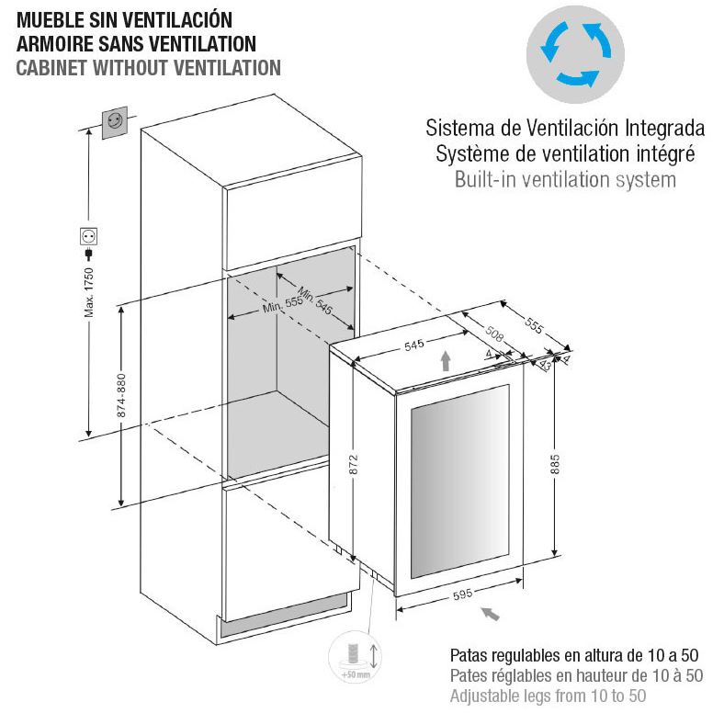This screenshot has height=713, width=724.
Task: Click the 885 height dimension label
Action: pyautogui.click(x=555, y=464)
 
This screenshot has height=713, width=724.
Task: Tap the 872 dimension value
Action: pyautogui.click(x=354, y=464)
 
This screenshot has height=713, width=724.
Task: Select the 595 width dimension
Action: pyautogui.click(x=462, y=594)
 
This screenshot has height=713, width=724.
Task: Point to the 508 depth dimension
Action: pyautogui.click(x=494, y=334)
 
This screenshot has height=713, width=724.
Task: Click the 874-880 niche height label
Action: pyautogui.click(x=121, y=396)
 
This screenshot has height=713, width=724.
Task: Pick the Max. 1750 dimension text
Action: pyautogui.click(x=88, y=292)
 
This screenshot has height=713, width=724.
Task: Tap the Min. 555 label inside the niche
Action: pyautogui.click(x=283, y=304)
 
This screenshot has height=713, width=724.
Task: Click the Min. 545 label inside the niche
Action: pyautogui.click(x=315, y=300)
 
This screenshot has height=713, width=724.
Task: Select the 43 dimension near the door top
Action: pyautogui.click(x=546, y=366)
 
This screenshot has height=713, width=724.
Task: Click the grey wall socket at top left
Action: pyautogui.click(x=114, y=122)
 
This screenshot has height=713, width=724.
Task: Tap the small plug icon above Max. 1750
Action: pyautogui.click(x=88, y=254)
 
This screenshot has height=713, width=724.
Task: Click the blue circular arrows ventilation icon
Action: pyautogui.click(x=576, y=54)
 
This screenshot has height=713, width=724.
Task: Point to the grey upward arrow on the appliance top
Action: pyautogui.click(x=446, y=361)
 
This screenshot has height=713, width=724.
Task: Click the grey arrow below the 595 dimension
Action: pyautogui.click(x=490, y=614)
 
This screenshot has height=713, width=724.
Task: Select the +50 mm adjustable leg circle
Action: pyautogui.click(x=355, y=657)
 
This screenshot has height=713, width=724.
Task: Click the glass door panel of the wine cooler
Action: pyautogui.click(x=460, y=481)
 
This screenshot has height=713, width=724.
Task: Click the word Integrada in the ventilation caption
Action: pyautogui.click(x=665, y=128)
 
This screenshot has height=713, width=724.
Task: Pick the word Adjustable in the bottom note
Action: pyautogui.click(x=485, y=696)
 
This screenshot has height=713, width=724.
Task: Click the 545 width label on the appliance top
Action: pyautogui.click(x=413, y=345)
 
